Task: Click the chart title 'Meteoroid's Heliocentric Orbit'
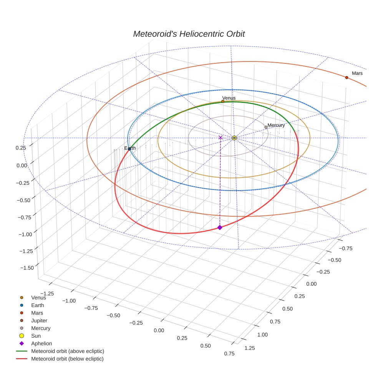189,34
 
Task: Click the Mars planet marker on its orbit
346,78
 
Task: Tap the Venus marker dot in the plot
223,101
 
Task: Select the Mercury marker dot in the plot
266,127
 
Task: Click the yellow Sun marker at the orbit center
234,138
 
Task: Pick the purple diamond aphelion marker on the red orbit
220,227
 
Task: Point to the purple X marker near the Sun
220,137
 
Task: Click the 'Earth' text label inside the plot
130,148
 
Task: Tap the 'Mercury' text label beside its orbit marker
276,125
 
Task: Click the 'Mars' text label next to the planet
357,73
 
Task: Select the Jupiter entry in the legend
39,320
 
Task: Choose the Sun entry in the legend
36,336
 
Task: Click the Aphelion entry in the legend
41,343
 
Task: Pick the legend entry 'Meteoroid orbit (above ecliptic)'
67,351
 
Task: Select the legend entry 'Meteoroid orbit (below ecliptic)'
67,359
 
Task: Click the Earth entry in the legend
37,305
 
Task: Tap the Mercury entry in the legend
41,328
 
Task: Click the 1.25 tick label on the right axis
249,348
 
